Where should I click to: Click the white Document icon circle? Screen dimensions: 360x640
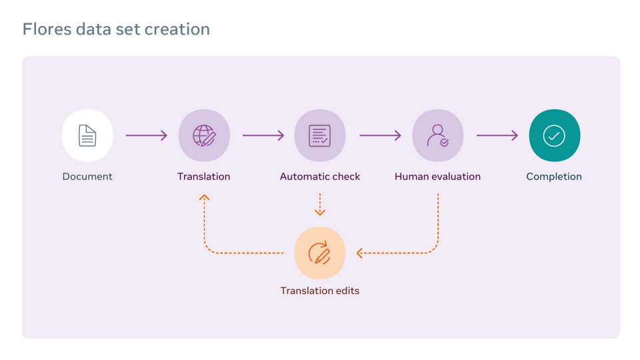pos(87,135)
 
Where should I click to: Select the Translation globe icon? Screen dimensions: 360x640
pos(204,135)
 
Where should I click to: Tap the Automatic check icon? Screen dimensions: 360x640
pos(320,135)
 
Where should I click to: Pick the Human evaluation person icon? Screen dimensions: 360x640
pos(437,135)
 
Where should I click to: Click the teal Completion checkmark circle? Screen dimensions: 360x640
pos(554,135)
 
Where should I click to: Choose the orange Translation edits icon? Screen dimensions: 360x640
pos(320,253)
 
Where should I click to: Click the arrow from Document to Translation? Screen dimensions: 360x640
pos(146,136)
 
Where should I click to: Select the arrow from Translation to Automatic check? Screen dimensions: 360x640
pos(263,136)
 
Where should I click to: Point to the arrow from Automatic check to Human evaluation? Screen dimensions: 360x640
pos(379,136)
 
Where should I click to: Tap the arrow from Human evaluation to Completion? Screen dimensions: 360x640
pos(497,136)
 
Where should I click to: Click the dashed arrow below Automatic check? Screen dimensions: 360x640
pos(320,205)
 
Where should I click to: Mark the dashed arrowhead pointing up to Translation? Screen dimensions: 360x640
pos(204,197)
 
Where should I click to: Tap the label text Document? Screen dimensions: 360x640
pos(87,177)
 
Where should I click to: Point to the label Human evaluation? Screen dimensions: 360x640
pos(437,177)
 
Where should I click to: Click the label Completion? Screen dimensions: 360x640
pos(554,177)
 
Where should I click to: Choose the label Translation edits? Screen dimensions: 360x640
pos(320,291)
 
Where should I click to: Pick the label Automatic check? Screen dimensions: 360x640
pos(320,177)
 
